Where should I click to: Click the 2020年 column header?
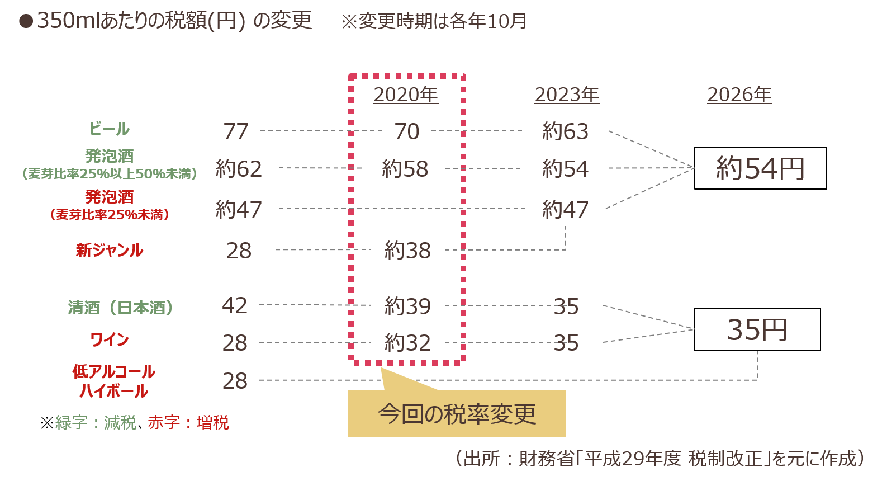[x=405, y=95]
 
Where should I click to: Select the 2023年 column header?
[x=566, y=95]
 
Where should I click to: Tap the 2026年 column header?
[x=739, y=95]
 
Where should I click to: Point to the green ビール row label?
[x=110, y=129]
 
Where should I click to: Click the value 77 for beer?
[x=236, y=131]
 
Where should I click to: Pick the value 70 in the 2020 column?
[x=407, y=131]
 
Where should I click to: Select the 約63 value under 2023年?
[x=565, y=131]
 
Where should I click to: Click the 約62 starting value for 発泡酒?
[x=239, y=168]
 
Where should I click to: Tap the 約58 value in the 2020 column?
[x=405, y=168]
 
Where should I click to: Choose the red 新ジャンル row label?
[x=110, y=250]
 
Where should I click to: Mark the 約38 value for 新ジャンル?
[x=407, y=250]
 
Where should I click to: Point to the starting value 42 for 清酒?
[x=235, y=305]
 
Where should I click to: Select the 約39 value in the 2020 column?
[x=407, y=306]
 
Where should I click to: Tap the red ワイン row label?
[x=110, y=339]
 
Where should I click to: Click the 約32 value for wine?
[x=407, y=343]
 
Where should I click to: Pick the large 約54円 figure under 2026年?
[x=760, y=168]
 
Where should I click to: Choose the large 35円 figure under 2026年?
[x=757, y=330]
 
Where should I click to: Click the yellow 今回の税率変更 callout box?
[x=457, y=414]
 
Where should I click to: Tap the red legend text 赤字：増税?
[x=188, y=422]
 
